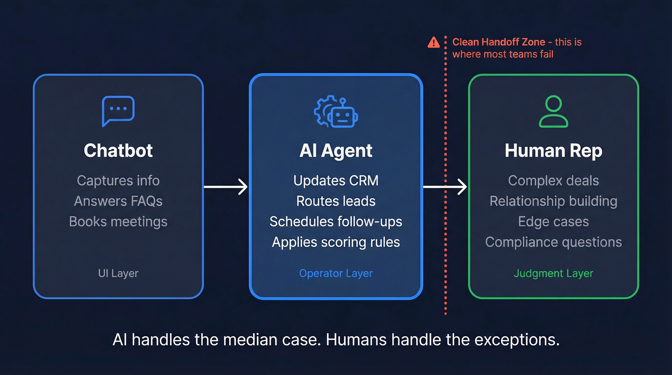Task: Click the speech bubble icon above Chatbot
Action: coord(118,110)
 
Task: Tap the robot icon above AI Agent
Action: coord(336,111)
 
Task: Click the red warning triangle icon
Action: coord(433,42)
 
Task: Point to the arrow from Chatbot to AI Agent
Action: coord(226,187)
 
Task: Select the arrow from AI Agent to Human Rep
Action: coord(444,187)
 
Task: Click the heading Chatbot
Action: coord(118,151)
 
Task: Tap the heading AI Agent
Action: coord(336,151)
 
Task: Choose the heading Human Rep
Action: coord(553,151)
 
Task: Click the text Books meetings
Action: coord(118,221)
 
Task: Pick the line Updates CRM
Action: coord(336,181)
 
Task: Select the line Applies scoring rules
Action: coord(336,242)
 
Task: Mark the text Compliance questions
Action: coord(553,242)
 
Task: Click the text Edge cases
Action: coord(553,221)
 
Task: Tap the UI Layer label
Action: coord(118,273)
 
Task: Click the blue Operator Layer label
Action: coord(336,273)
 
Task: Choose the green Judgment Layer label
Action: coord(553,273)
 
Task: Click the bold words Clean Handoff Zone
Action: coord(499,42)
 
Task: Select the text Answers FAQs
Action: coord(118,201)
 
